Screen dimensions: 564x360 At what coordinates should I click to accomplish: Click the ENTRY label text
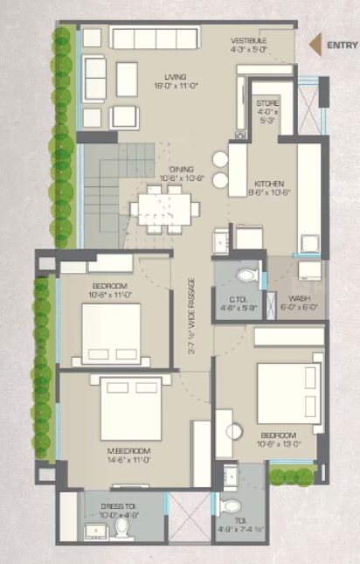pos(339,45)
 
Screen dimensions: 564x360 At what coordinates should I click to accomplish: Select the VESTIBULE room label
pos(249,41)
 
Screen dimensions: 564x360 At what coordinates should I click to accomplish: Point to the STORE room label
pos(267,103)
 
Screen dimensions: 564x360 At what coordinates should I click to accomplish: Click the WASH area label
pos(299,299)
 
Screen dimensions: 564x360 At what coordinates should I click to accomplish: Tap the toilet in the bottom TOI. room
pos(230,507)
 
